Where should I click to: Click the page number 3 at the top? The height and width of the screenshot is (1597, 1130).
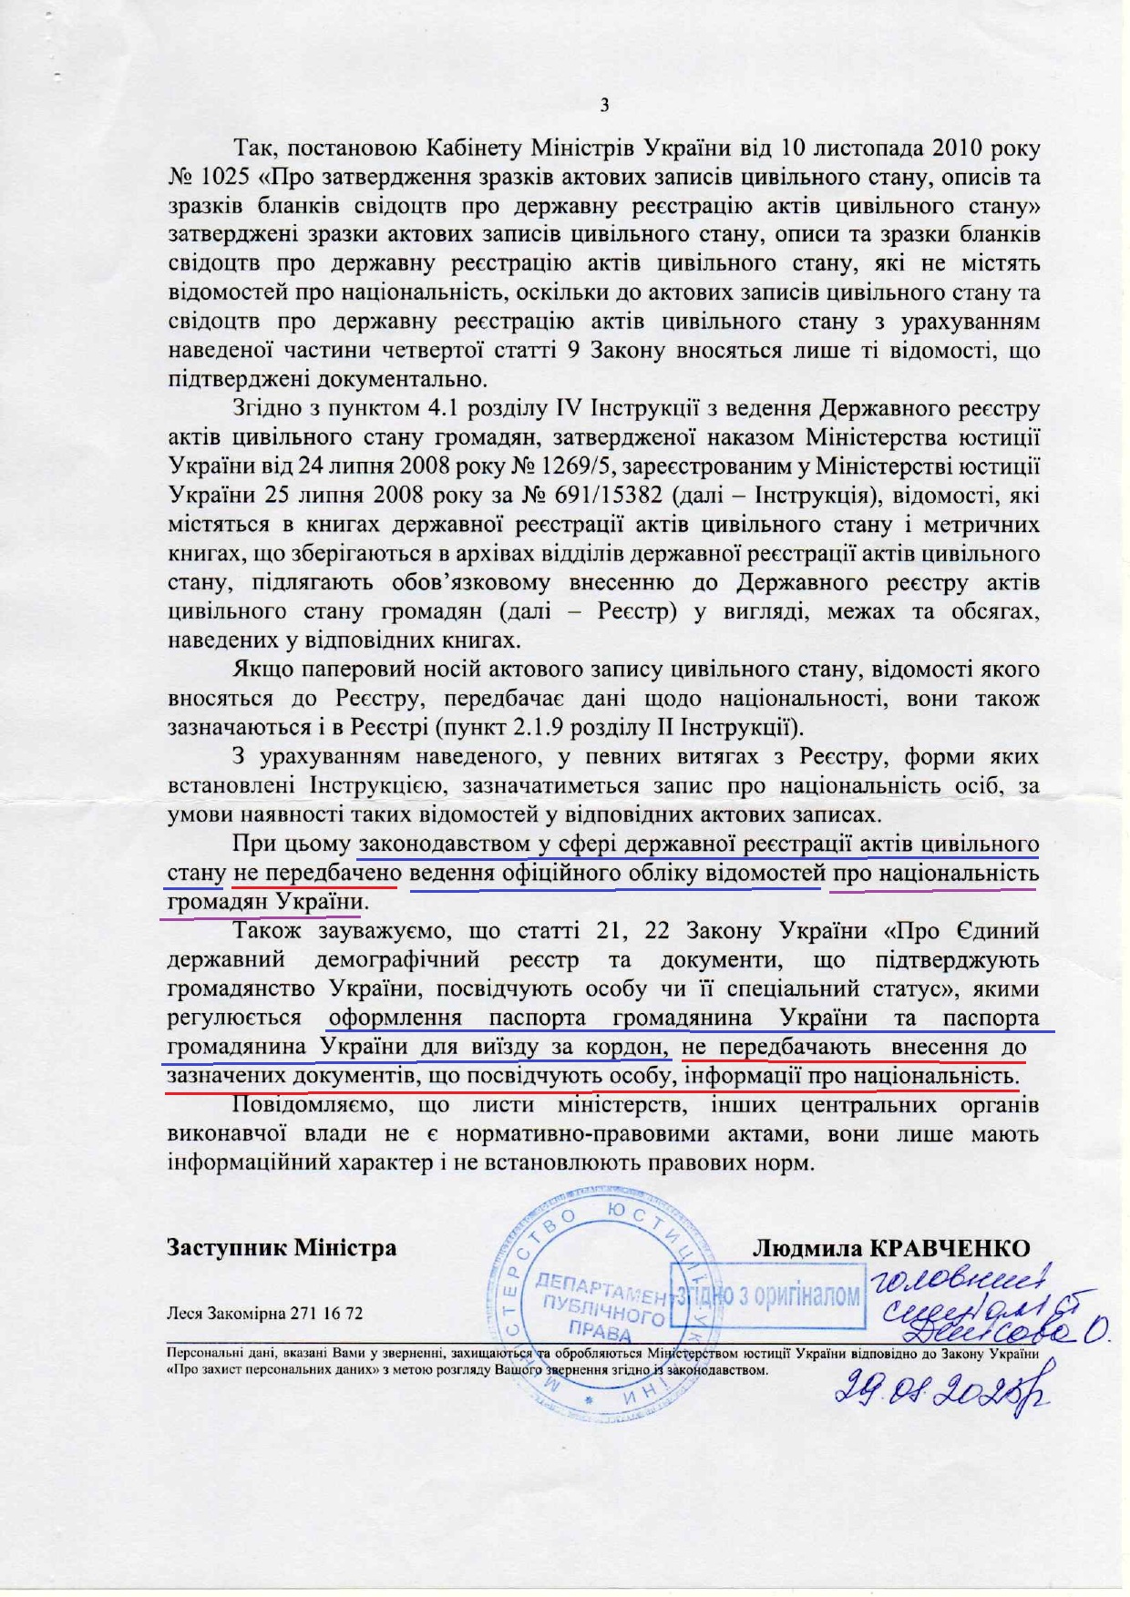(604, 106)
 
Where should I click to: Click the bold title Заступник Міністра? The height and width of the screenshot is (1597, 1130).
(282, 1247)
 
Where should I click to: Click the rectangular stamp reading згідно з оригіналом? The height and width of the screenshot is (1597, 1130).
(767, 1295)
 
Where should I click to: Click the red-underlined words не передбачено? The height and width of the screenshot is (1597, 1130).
(315, 874)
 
